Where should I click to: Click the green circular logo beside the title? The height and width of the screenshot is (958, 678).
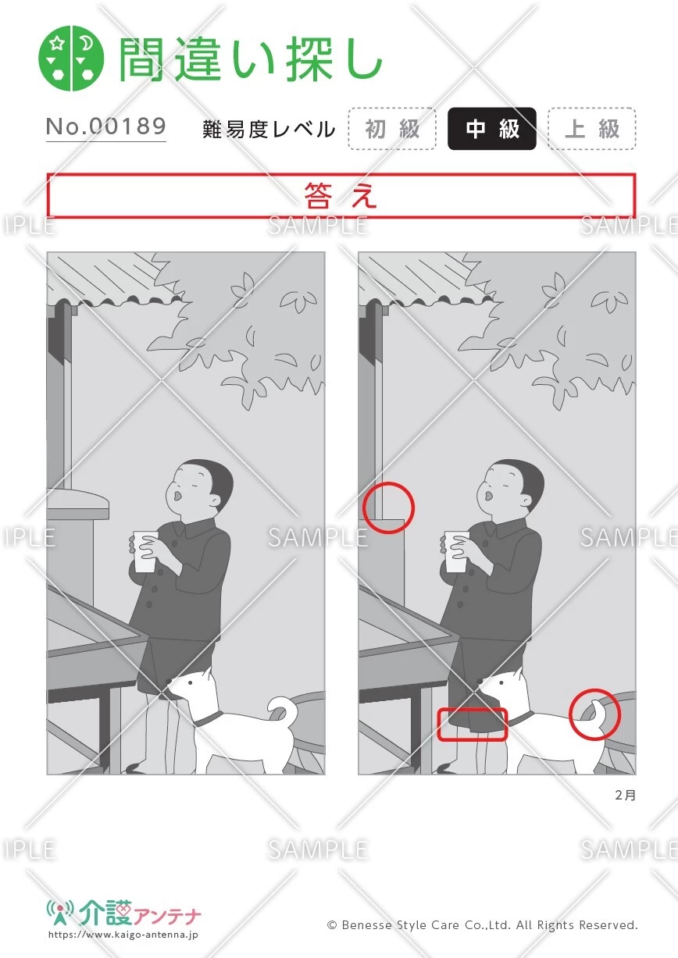point(71,59)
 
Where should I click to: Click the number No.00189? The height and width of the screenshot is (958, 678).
point(106,126)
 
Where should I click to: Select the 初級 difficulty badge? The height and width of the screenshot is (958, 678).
point(392,129)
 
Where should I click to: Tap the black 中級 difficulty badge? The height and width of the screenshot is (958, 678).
point(492,129)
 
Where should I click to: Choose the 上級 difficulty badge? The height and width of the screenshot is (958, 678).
point(591,129)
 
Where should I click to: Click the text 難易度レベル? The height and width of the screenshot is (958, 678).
point(269,130)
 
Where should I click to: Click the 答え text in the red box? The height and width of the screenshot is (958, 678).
point(341,196)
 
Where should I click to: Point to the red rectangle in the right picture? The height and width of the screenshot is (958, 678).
point(472,725)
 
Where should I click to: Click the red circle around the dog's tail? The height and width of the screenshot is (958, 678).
point(594,714)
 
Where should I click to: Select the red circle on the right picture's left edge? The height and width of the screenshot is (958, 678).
point(388,508)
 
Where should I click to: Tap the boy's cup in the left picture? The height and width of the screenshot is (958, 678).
point(145,551)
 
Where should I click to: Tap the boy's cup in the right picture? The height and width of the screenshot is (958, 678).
point(456,551)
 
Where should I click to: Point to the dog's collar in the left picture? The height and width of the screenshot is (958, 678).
point(208,718)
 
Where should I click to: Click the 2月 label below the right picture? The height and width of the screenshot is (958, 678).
point(625,796)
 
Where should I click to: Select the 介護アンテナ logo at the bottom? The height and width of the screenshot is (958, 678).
point(125,914)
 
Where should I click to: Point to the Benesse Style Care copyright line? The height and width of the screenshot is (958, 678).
point(482,925)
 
